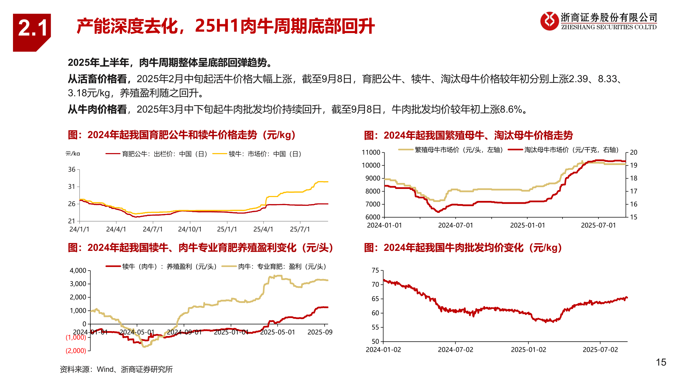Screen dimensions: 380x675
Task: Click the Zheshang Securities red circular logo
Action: (x=549, y=21)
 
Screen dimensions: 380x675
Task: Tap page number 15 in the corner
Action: (x=661, y=362)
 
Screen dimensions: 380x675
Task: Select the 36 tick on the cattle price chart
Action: (x=72, y=170)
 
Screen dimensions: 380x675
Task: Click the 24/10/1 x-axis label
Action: (x=190, y=229)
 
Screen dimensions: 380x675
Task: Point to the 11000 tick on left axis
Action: (x=371, y=152)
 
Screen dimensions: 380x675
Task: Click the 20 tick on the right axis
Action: (x=634, y=152)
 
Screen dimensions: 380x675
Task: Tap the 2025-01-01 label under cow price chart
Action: (x=527, y=226)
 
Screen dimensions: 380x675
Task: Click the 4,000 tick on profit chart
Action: (x=78, y=271)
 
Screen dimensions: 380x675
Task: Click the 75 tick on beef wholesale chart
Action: (x=375, y=271)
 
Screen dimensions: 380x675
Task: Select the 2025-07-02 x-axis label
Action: (x=600, y=350)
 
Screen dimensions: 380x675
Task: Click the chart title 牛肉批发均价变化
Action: (x=463, y=248)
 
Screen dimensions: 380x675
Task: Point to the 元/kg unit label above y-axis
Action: (x=72, y=154)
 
